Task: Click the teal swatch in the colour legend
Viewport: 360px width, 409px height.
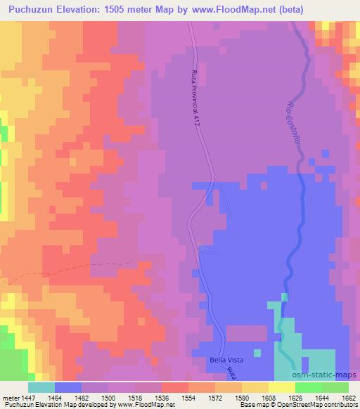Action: pos(41,387)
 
